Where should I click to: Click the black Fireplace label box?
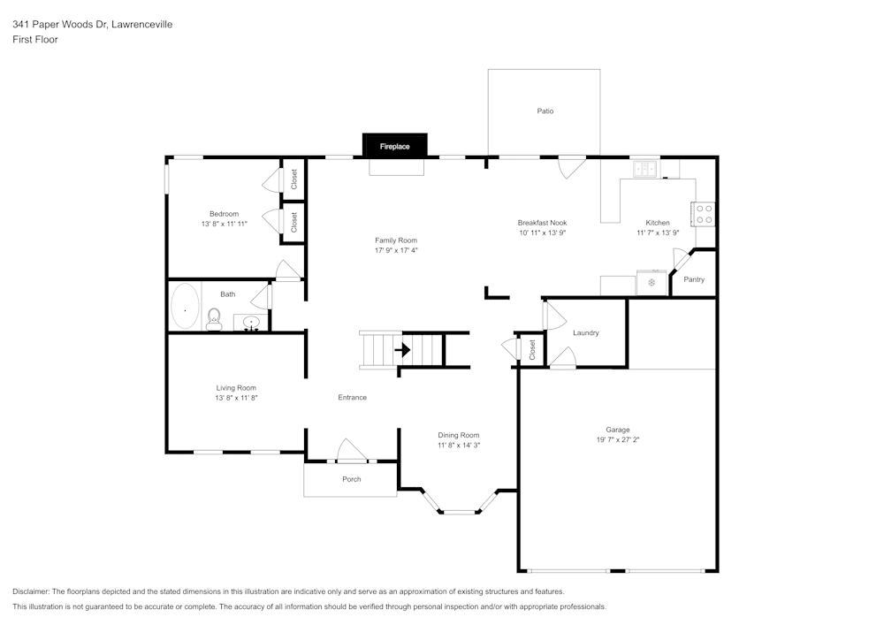(395, 146)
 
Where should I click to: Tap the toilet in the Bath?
(213, 319)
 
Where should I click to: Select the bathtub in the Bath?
(185, 307)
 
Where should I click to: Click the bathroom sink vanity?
(251, 323)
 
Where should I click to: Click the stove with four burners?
(704, 214)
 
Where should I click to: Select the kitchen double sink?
(644, 169)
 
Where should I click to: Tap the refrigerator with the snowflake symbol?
(652, 283)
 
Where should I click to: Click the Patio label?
(545, 111)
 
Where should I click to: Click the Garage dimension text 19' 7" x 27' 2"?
(618, 439)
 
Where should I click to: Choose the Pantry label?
(694, 279)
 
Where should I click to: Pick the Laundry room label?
(586, 333)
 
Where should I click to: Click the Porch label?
(352, 479)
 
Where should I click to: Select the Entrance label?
(352, 398)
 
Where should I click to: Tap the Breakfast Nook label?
(542, 223)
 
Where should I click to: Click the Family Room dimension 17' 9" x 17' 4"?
(396, 250)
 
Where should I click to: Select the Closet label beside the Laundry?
(532, 350)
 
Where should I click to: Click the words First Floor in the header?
(35, 40)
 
